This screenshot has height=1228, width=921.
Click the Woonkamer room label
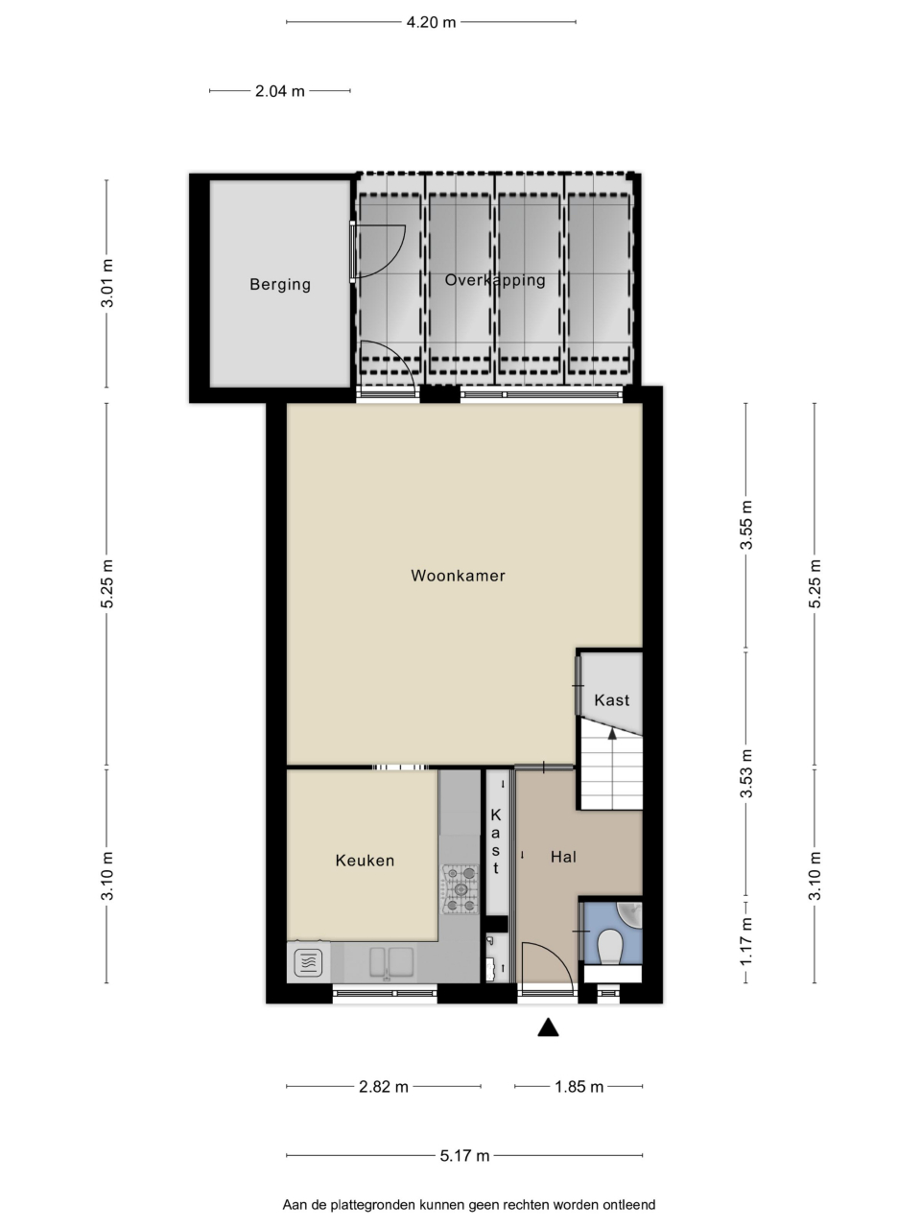pos(458,576)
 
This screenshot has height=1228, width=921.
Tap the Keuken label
pos(365,861)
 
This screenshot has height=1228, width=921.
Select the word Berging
pos(280,285)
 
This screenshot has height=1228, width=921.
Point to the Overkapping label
pos(495,280)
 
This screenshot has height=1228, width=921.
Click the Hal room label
pos(563,857)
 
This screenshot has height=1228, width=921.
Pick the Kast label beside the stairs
pos(612,700)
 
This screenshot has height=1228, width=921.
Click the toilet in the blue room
pos(611,947)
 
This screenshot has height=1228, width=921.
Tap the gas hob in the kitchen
pos(460,889)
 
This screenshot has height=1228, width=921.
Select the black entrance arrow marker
pos(548,1027)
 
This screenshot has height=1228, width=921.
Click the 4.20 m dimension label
pos(431,22)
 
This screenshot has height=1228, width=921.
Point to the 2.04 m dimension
pos(279,90)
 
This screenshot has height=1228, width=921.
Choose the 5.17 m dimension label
pos(464,1155)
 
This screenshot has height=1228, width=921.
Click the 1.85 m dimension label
pos(579,1087)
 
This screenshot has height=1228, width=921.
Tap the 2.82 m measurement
pos(384,1087)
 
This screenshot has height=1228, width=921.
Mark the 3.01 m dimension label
pos(106,283)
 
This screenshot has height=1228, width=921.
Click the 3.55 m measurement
pos(746,526)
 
